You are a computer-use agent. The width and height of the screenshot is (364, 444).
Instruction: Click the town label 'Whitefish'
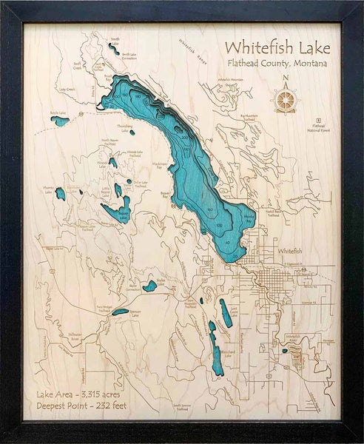click(x=289, y=252)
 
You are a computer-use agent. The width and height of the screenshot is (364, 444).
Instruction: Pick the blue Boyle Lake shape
click(x=59, y=121)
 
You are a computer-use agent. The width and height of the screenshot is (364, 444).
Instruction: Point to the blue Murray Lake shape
click(x=60, y=194)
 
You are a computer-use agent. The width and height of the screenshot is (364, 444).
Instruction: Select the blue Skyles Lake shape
click(x=150, y=285)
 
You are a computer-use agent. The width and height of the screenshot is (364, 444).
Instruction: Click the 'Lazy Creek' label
click(x=68, y=90)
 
